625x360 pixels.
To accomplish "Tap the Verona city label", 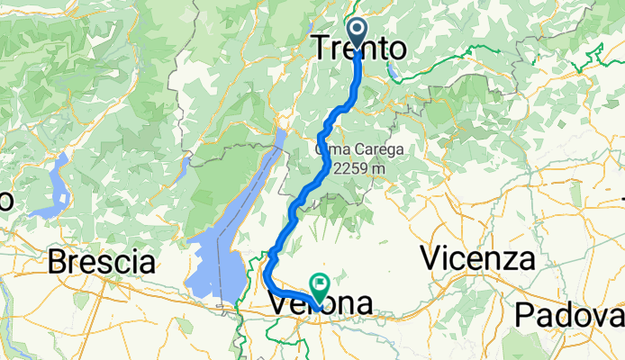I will point(320,305).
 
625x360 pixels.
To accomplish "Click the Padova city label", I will point(569,316).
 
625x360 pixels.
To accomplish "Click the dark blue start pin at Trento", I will point(358,32).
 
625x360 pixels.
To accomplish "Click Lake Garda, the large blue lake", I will point(225,243).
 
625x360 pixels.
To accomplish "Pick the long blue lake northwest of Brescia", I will point(57,187).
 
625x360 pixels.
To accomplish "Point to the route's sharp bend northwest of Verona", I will point(268,265).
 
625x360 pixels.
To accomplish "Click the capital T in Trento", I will point(322,49).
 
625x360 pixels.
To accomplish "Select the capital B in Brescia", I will point(57,263).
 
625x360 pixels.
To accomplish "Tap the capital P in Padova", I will point(525,316).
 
